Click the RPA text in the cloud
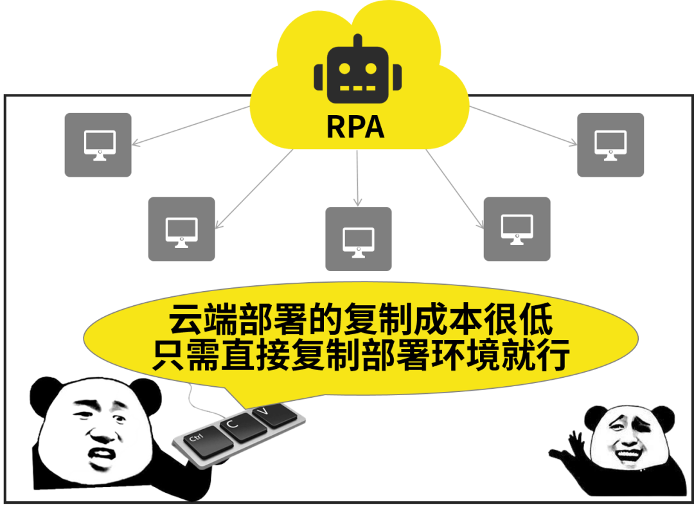355,127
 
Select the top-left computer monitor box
98,145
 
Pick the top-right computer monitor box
610,145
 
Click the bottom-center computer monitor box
358,238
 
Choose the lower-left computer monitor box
181,229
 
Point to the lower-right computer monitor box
517,229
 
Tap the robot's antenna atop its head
357,40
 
